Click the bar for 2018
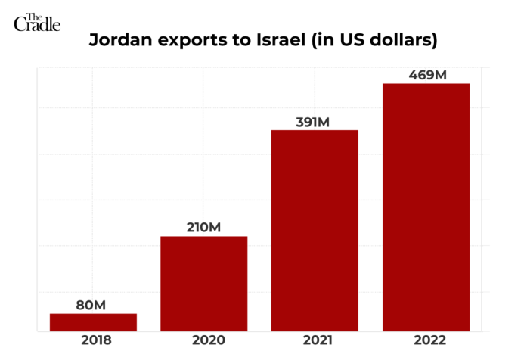coord(93,321)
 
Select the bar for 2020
coord(203,283)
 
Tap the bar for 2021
coord(315,230)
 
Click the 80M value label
coord(91,305)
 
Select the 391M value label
coord(315,122)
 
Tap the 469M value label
coord(426,74)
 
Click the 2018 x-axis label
coord(93,340)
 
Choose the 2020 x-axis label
coord(204,340)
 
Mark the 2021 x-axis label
coord(315,340)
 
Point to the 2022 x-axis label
coord(426,340)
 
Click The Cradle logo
coord(36,22)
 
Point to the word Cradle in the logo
coord(37,26)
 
